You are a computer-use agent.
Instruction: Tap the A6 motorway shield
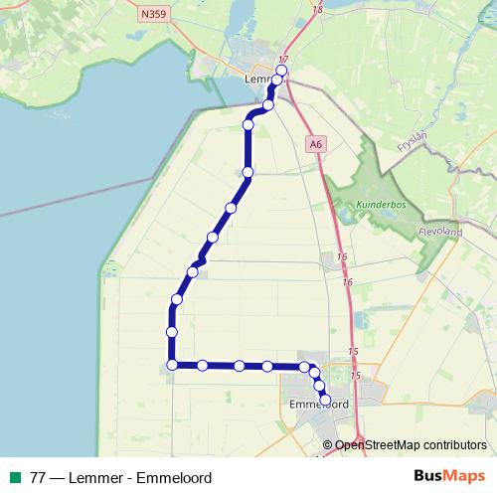(316, 144)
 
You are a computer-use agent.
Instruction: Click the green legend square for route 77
(13, 477)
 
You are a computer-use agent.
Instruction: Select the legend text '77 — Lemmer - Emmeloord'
(121, 477)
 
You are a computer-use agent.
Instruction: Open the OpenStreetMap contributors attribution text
(411, 444)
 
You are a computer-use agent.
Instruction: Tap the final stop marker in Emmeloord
(325, 400)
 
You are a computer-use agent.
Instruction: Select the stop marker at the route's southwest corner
(172, 365)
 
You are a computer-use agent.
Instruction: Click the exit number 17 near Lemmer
(284, 60)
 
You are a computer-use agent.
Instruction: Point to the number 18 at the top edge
(317, 8)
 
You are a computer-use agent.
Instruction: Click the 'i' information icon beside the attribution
(328, 444)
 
